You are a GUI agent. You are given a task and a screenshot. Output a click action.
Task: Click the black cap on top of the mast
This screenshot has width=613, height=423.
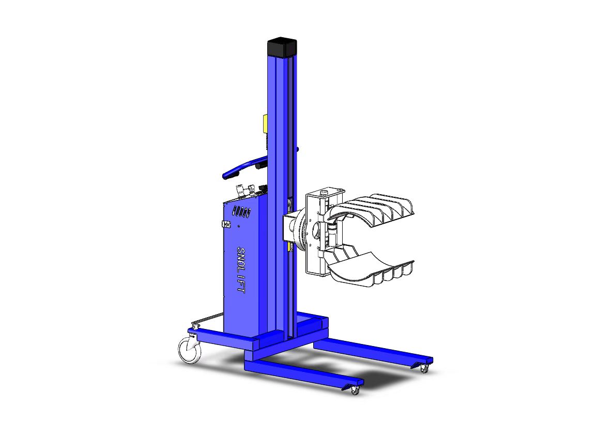click(282, 47)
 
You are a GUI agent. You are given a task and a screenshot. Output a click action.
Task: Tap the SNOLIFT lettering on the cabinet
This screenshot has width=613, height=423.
click(240, 270)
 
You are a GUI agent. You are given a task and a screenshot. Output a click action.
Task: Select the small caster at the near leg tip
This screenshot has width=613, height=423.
click(355, 390)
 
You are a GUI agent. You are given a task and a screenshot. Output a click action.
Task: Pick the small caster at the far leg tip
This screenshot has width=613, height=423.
click(424, 368)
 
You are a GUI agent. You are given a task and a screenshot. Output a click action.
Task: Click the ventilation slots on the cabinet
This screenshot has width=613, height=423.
click(241, 212)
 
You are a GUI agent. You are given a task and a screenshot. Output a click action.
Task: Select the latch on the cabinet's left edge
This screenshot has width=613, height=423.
click(226, 224)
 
